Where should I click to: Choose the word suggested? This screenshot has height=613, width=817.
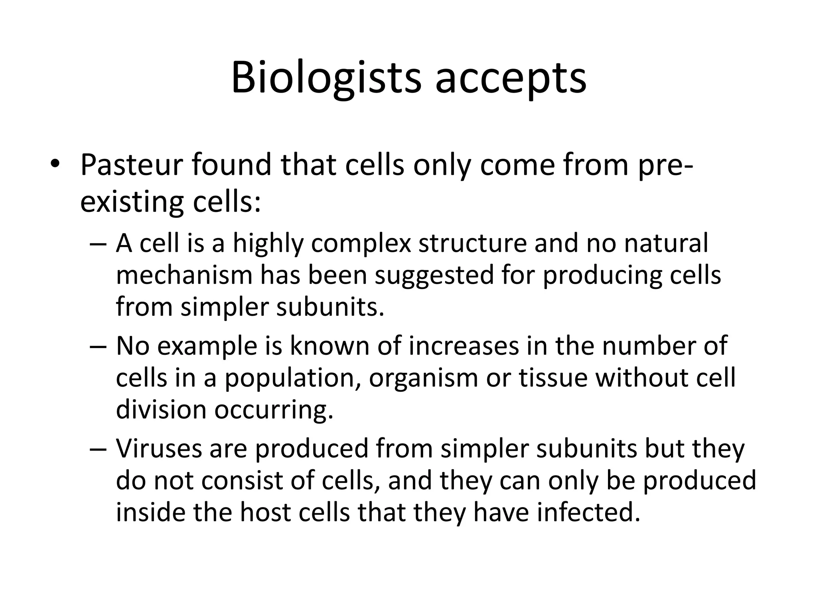(434, 276)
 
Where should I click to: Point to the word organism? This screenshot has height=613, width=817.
(423, 378)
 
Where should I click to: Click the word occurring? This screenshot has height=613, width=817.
(274, 410)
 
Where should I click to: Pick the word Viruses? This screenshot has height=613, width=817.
(159, 449)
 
